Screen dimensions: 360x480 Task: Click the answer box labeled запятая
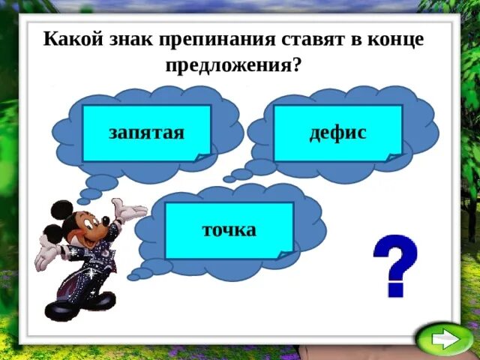pyautogui.click(x=147, y=133)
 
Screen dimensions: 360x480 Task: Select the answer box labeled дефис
pyautogui.click(x=337, y=133)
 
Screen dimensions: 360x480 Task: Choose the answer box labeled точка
pyautogui.click(x=229, y=229)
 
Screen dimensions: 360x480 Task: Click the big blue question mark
pyautogui.click(x=395, y=264)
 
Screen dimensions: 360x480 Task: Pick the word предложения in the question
pyautogui.click(x=232, y=64)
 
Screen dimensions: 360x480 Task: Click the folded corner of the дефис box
pyautogui.click(x=394, y=157)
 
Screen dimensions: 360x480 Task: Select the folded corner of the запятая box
pyautogui.click(x=202, y=157)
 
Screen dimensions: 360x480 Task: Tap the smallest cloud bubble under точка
pyautogui.click(x=133, y=277)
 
